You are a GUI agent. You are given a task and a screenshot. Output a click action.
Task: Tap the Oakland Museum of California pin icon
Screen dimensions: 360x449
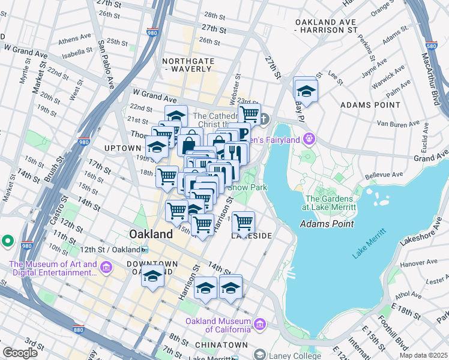(x=260, y=325)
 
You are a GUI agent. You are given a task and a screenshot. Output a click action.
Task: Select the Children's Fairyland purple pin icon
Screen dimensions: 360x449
(x=309, y=139)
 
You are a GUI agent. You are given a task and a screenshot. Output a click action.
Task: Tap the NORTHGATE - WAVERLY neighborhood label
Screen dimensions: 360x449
(x=188, y=65)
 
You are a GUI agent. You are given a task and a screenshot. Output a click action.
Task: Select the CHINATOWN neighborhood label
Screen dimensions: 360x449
(x=221, y=345)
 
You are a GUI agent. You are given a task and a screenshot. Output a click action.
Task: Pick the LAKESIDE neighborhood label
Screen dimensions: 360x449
(x=252, y=236)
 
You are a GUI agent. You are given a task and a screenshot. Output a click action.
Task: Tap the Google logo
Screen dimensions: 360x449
(x=20, y=353)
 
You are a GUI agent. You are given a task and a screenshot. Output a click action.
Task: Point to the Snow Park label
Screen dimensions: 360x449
(x=247, y=188)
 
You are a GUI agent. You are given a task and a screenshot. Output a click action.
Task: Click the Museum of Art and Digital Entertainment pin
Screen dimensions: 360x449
(x=106, y=267)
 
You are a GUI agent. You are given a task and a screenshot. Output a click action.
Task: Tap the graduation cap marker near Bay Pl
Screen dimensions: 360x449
(x=306, y=91)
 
